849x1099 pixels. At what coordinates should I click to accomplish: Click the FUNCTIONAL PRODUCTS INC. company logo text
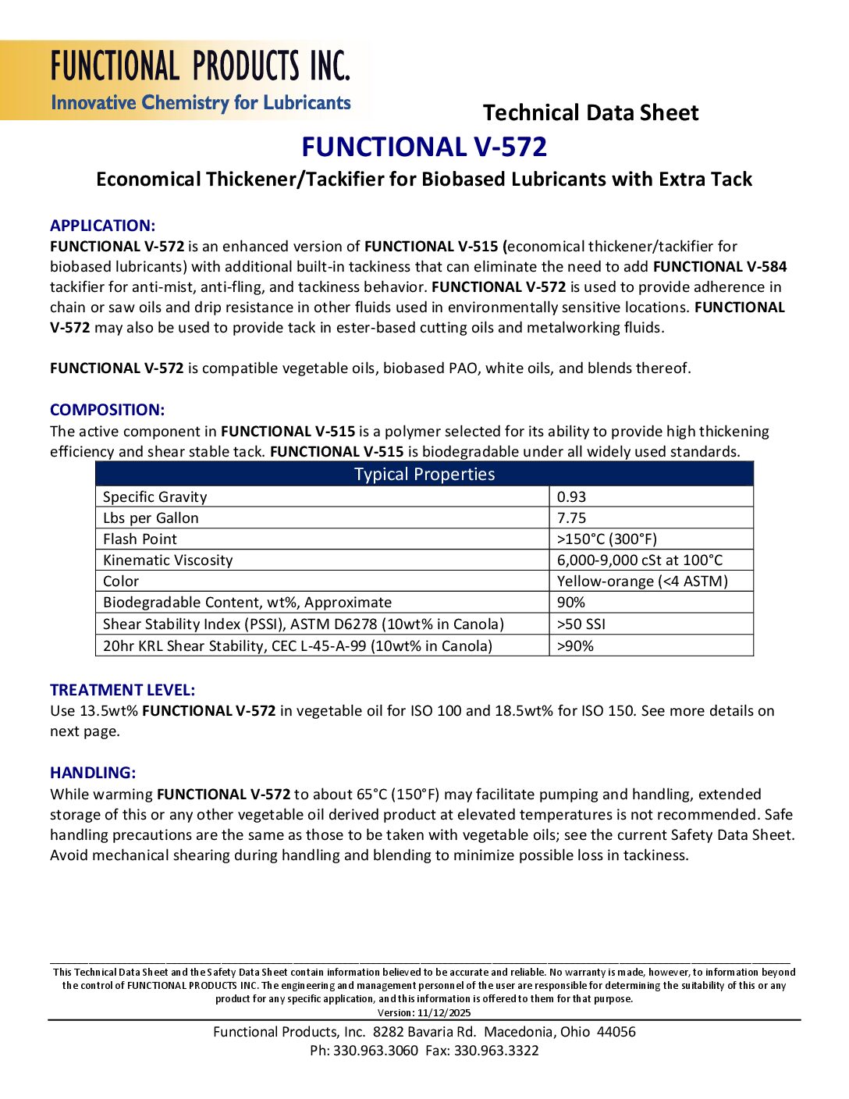201,66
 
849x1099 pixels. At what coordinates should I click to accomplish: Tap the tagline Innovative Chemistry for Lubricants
201,103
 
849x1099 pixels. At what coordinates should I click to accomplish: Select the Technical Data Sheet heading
591,113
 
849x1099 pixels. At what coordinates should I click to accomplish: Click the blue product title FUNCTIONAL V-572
424,147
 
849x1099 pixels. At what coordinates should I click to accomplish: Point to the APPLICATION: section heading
102,226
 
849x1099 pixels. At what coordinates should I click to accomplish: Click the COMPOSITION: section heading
107,410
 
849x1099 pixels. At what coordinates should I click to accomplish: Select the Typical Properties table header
424,475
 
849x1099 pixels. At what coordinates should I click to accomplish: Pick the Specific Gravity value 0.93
571,497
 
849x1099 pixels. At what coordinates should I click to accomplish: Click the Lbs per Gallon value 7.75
571,518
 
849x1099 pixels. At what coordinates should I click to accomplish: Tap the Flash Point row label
140,539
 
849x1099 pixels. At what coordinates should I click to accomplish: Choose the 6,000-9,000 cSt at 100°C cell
640,560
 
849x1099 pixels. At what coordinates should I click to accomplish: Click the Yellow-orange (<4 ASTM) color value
642,582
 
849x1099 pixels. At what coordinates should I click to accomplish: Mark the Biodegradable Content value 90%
570,603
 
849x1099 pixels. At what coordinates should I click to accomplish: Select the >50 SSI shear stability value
581,624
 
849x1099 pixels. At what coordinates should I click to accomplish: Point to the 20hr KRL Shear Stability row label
297,646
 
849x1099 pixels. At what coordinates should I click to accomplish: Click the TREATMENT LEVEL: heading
123,690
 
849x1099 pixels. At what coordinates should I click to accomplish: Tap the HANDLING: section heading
93,773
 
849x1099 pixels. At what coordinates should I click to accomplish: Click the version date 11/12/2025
444,1013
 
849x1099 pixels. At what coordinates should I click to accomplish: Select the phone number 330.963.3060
375,1051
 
